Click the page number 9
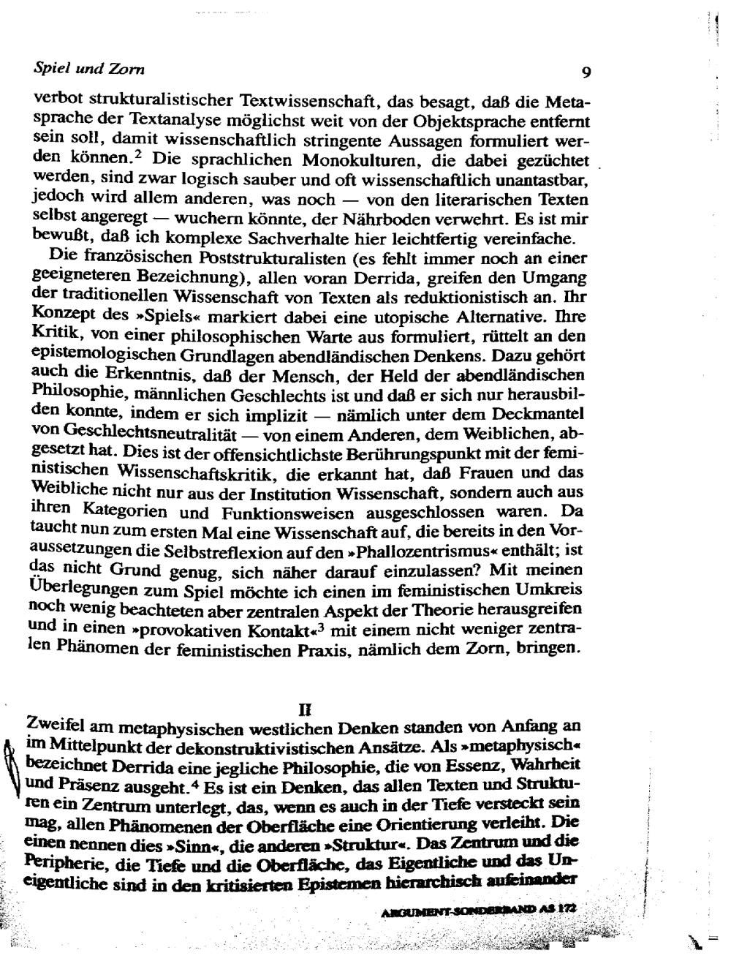pos(586,72)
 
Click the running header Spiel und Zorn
pos(89,69)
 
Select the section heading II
pos(306,709)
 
